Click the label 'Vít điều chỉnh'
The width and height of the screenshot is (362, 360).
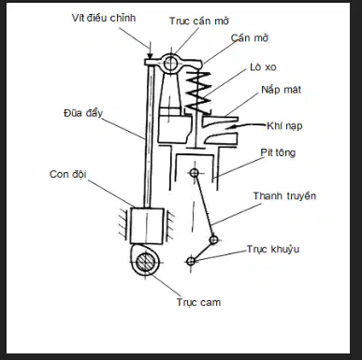tap(104, 18)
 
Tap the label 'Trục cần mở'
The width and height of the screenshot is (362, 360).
tap(199, 21)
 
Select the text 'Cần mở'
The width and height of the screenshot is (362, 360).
tap(250, 37)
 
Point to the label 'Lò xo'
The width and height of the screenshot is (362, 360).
tap(263, 67)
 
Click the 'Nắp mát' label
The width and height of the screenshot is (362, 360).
tap(282, 90)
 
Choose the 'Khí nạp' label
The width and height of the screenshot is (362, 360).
tap(284, 126)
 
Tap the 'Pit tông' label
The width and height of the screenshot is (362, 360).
tap(278, 152)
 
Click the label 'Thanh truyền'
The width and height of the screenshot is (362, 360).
tap(284, 195)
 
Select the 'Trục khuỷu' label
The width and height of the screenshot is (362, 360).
tap(273, 249)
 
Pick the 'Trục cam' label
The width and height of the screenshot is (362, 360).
tap(198, 302)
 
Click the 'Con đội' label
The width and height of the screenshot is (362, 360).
tap(67, 174)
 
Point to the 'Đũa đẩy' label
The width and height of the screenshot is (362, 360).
tap(83, 113)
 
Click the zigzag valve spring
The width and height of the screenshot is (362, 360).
tap(198, 91)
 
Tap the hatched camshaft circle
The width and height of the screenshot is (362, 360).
tap(145, 262)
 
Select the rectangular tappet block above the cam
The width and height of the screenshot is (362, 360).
tap(147, 226)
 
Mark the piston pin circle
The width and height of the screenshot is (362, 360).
tap(195, 173)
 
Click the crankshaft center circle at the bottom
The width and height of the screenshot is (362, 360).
tap(191, 261)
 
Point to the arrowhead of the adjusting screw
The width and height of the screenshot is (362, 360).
tap(150, 55)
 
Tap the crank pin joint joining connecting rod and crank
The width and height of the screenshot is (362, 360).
tap(213, 240)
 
